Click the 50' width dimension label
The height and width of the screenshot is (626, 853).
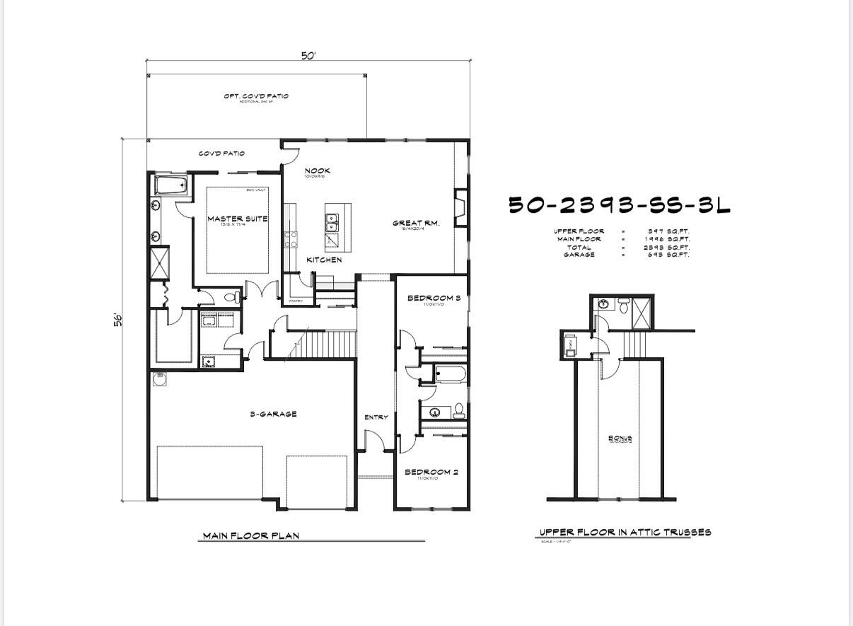308,56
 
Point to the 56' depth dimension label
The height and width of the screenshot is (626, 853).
119,319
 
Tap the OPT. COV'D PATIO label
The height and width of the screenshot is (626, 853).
256,96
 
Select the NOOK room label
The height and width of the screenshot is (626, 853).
317,170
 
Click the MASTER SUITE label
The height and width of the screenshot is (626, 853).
238,219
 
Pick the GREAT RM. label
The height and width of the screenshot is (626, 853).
416,224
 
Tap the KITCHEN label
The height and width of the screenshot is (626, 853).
324,260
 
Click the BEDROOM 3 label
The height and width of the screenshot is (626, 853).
434,298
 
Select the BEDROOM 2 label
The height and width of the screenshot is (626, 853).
431,472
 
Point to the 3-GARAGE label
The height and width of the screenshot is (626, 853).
273,414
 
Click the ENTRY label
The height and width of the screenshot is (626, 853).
376,417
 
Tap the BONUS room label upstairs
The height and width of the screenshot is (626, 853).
620,438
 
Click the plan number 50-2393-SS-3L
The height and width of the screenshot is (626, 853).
620,205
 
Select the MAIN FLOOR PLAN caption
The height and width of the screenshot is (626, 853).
251,535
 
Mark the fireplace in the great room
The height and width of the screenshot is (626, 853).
461,207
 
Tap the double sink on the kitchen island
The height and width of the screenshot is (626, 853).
331,223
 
